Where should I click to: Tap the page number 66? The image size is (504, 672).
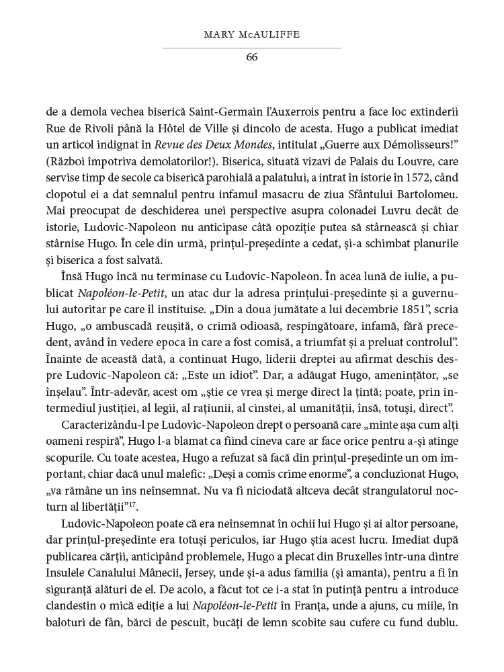[252, 56]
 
